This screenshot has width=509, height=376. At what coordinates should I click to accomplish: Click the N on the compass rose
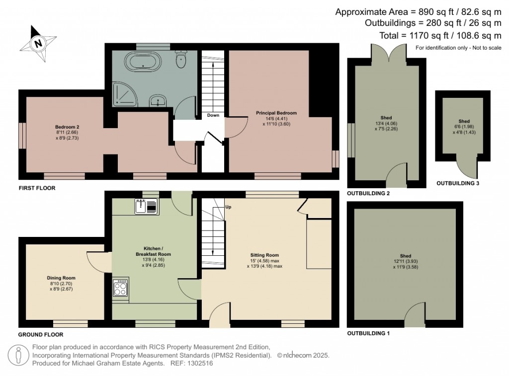coord(39,44)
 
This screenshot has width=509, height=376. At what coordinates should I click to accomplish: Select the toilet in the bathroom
coord(180,59)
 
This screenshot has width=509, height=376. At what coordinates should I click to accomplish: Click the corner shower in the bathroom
coord(125,94)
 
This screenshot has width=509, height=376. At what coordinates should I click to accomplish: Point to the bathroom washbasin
coord(158,100)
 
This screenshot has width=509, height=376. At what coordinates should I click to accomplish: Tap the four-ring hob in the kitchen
coord(120,288)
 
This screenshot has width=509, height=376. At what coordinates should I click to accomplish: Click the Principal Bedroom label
coord(276,113)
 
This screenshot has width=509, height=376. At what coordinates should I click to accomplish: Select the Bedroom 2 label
coord(67,127)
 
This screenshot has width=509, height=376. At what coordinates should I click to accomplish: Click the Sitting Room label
coord(264,255)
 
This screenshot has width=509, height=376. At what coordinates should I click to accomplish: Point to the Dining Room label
coord(61,278)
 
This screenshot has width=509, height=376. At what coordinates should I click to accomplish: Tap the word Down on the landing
coord(213,115)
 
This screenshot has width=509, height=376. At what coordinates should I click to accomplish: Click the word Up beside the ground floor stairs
coord(228,207)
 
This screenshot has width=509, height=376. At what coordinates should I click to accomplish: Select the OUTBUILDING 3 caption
coord(458,183)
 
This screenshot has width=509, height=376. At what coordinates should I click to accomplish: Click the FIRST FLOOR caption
coord(37,188)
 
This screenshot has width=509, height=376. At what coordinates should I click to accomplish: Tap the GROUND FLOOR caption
coord(41,334)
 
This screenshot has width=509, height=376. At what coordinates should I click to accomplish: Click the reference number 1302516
coord(200,364)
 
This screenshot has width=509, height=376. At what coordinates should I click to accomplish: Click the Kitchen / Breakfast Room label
coord(153,251)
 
